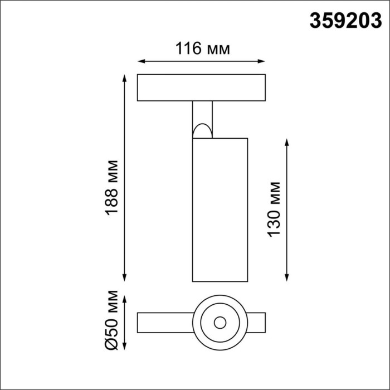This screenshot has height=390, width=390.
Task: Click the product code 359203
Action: (345, 22)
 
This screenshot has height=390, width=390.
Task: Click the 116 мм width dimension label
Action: (202, 49)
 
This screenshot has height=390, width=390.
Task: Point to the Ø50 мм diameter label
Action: (113, 320)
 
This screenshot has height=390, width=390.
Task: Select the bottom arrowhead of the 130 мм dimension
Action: (287, 277)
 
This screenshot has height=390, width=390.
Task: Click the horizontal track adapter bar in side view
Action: (202, 87)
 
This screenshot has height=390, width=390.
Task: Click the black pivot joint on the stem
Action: (202, 131)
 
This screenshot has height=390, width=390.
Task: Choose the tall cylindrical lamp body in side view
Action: (220, 209)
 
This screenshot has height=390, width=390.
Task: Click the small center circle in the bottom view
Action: (220, 322)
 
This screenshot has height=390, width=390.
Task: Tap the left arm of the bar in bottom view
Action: (164, 322)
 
